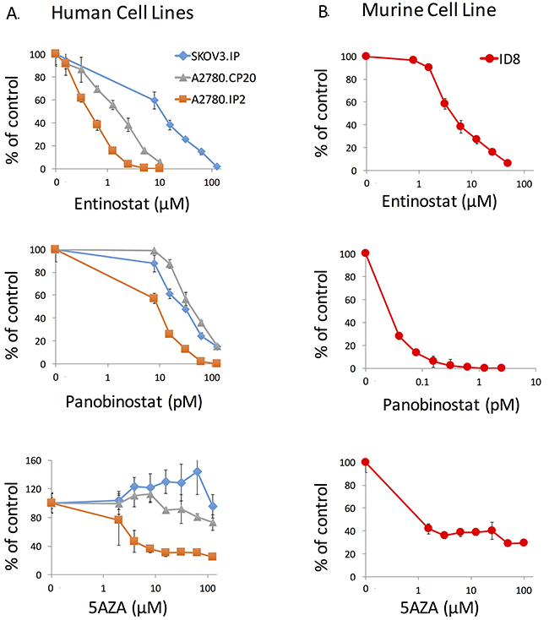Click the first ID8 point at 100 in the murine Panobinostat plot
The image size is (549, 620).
tap(366, 253)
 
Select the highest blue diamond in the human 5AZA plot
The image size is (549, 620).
tap(197, 471)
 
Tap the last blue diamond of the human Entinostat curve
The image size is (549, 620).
tap(217, 166)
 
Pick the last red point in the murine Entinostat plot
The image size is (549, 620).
tap(508, 162)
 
